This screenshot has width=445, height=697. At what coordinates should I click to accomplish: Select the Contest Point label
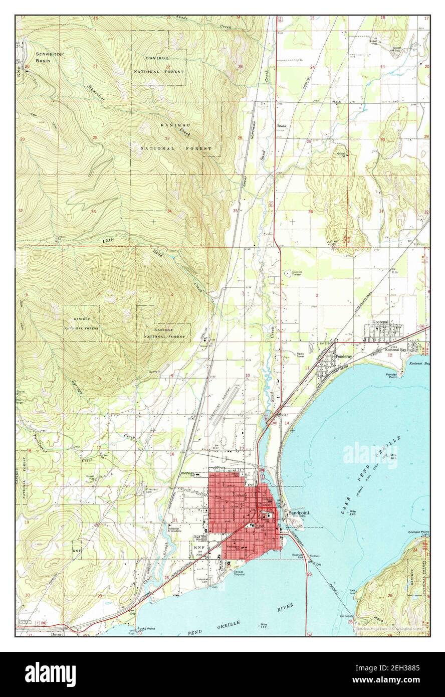click(x=418, y=532)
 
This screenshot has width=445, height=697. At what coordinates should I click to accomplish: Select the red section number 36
click(x=311, y=212)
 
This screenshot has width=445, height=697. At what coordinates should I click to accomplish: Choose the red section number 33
click(x=93, y=212)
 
